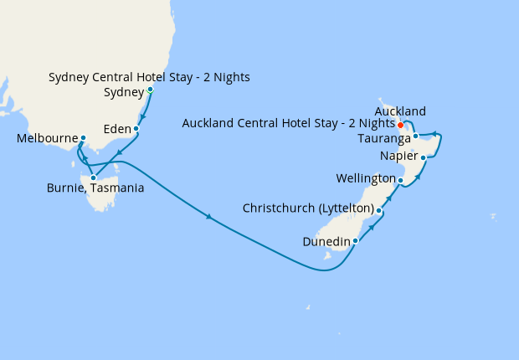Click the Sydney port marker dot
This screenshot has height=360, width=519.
tap(150, 90)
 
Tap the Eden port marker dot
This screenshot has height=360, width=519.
tap(137, 131)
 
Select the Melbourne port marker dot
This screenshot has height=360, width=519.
tap(83, 138)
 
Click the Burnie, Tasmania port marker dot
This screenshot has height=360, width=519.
tap(93, 177)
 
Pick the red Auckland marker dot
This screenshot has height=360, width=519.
tap(401, 126)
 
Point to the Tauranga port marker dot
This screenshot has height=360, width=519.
tap(415, 136)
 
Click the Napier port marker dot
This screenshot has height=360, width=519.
tap(424, 157)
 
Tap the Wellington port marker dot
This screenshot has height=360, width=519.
tap(401, 180)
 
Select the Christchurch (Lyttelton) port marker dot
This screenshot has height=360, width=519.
tap(379, 211)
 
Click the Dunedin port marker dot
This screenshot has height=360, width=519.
tap(356, 241)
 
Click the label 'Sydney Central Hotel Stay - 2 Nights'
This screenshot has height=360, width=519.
tap(149, 78)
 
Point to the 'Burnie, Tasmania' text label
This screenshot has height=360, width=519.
tap(95, 188)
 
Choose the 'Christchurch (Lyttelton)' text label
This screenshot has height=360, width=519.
tap(307, 208)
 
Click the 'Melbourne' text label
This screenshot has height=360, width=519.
tap(47, 138)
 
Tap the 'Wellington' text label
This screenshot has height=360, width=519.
tap(365, 179)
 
